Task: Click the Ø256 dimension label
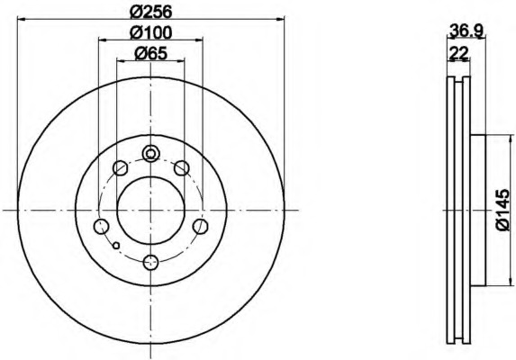pos(151,13)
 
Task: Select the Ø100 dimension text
pos(151,32)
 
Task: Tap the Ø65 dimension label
pos(151,53)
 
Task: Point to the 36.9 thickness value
pos(466,31)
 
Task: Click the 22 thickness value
pos(458,52)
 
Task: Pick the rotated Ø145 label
pos(503,210)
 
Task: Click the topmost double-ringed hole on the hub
pos(151,153)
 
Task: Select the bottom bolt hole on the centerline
pos(151,263)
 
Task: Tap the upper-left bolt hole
pos(120,168)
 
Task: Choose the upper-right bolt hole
pos(182,168)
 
